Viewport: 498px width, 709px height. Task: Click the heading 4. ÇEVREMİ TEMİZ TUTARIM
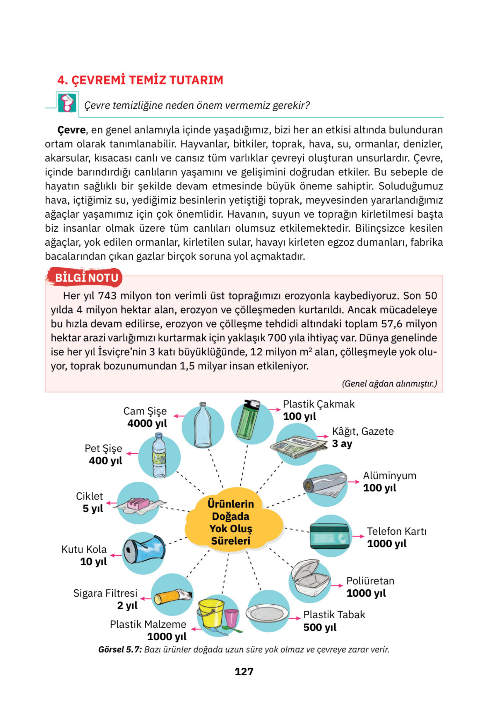(140, 80)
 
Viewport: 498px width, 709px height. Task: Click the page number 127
(244, 671)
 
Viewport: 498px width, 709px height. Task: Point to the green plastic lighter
(248, 420)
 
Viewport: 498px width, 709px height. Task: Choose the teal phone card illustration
(330, 536)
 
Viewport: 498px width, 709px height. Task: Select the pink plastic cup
(231, 617)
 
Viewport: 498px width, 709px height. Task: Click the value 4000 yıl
(147, 423)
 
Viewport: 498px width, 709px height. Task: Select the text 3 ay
(342, 444)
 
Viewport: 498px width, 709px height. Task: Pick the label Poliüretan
(370, 581)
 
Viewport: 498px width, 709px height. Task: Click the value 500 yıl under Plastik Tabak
(320, 627)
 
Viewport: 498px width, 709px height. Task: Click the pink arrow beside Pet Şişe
(133, 454)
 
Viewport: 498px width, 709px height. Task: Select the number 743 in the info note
(107, 296)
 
